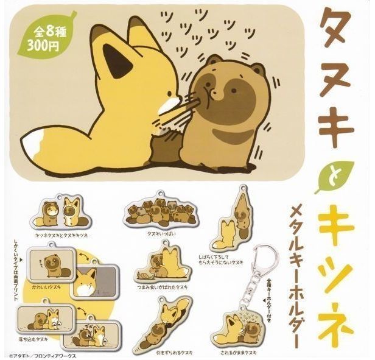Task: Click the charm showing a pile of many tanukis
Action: coord(157,215)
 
